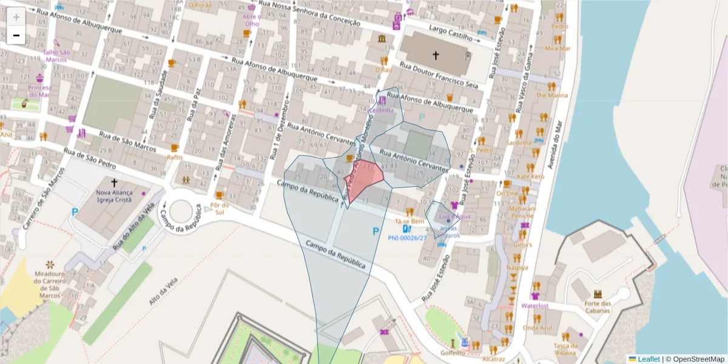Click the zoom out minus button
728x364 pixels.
point(16,36)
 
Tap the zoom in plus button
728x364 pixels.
point(16,17)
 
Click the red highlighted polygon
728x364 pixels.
point(363,179)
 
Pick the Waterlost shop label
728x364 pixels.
point(534,306)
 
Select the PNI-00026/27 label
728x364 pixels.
point(407,238)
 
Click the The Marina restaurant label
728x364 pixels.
point(551,95)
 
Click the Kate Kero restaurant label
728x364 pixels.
point(530,177)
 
